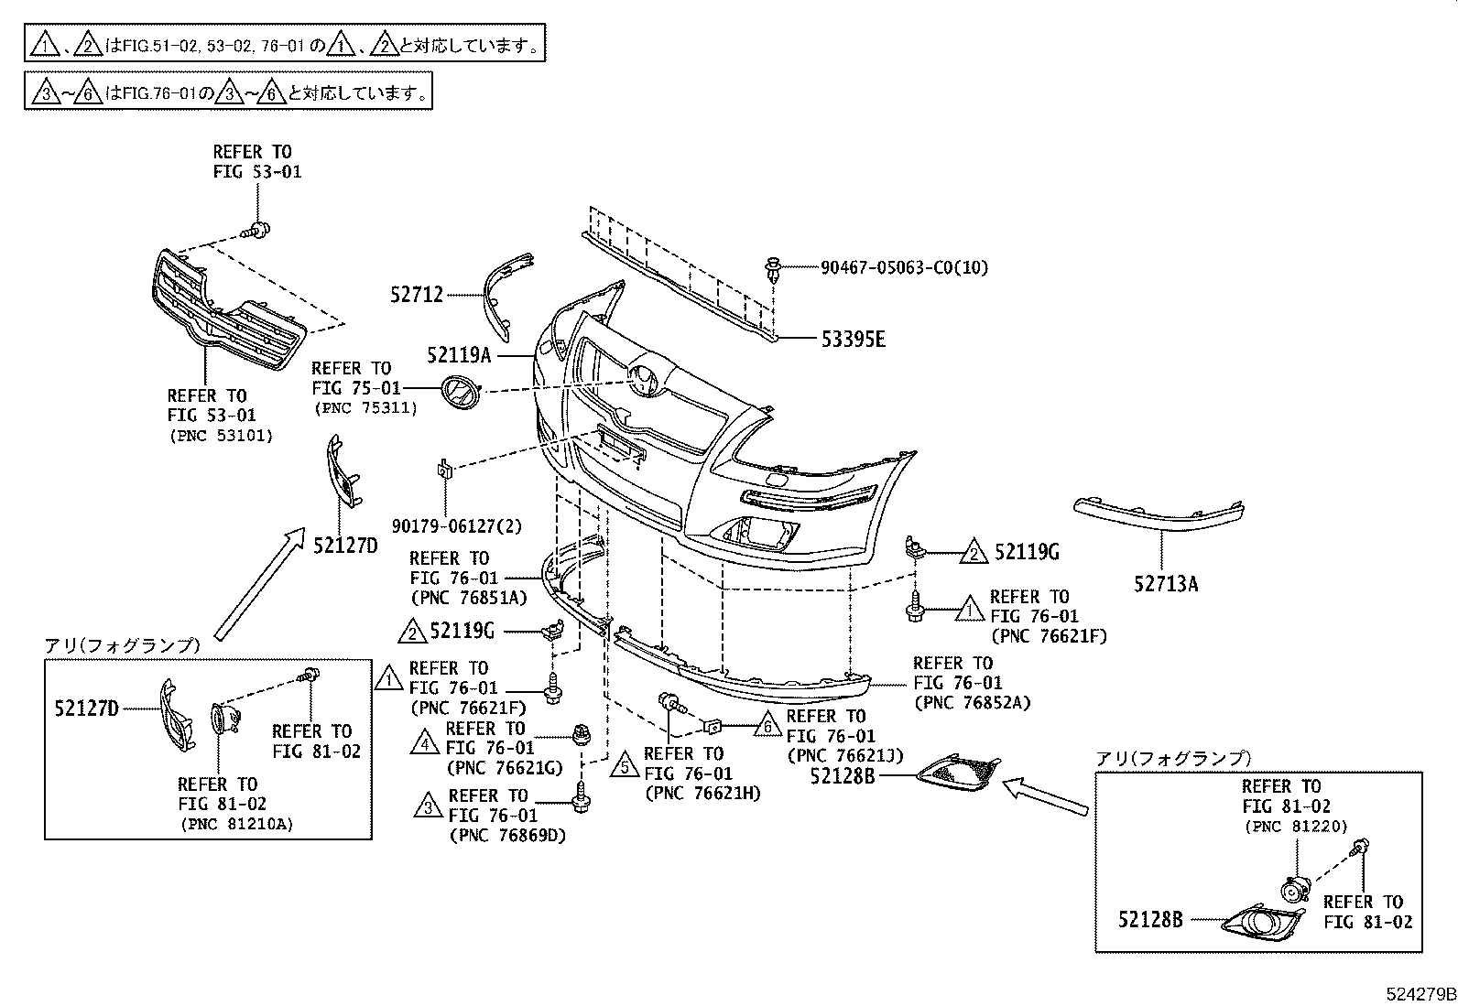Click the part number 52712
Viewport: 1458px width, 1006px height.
pos(416,295)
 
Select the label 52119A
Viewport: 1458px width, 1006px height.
pos(459,355)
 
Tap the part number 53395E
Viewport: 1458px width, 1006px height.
pos(853,340)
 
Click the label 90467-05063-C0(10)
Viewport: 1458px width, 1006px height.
pos(903,268)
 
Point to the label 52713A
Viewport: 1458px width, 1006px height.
pos(1165,583)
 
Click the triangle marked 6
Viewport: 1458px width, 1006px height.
pos(768,727)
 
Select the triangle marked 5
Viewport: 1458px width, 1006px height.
pos(626,765)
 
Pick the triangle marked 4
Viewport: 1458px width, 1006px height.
pos(425,741)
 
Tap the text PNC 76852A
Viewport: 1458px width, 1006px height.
pos(973,703)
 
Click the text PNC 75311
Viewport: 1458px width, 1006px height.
pos(364,408)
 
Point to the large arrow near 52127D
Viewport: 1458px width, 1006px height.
pos(258,584)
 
